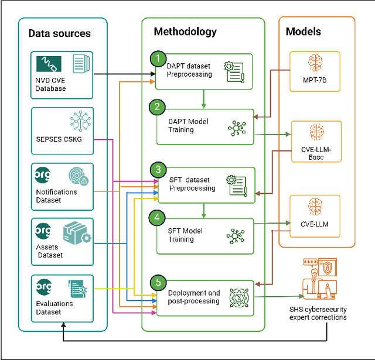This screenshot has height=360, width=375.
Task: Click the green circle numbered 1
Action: [x=157, y=58]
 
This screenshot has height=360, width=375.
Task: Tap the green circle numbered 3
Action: [x=157, y=170]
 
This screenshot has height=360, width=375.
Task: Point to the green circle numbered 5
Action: [x=157, y=282]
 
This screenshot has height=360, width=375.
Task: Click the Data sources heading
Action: [x=60, y=33]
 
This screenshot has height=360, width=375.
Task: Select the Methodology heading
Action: [x=185, y=32]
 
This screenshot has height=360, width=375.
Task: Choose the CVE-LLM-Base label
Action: [x=316, y=153]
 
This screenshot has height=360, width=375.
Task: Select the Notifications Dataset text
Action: [x=57, y=196]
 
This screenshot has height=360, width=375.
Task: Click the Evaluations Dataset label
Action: [x=55, y=307]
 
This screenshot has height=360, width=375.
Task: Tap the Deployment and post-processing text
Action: [x=194, y=297]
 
